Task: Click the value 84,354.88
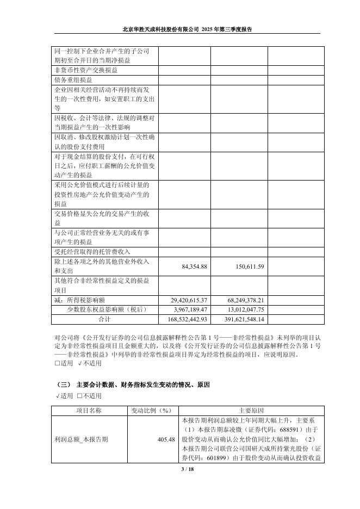tap(189, 266)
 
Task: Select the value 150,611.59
tap(245, 266)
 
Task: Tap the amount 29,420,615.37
tap(185, 300)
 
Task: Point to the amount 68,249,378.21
tap(242, 300)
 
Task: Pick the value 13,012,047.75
tap(242, 309)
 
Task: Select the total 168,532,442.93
tap(185, 319)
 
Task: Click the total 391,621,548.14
tap(242, 319)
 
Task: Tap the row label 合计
tap(104, 319)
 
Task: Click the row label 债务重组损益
tap(73, 79)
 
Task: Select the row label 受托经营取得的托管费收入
tap(92, 252)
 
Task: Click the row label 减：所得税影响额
tap(83, 300)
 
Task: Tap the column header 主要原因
tap(251, 410)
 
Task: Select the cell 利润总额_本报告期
tap(81, 439)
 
